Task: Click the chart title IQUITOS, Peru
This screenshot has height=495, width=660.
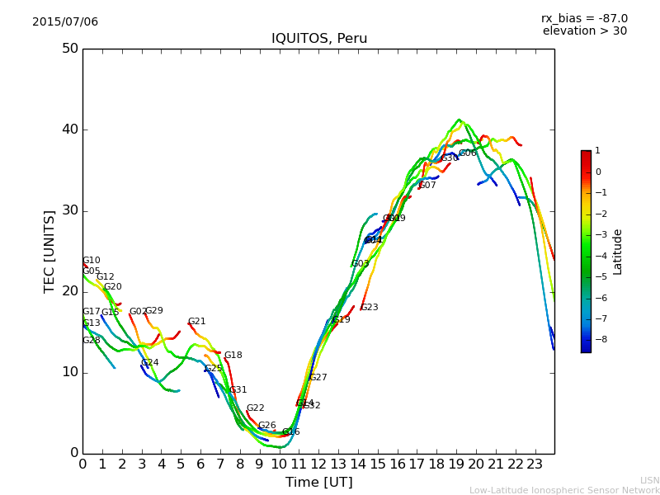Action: click(x=319, y=39)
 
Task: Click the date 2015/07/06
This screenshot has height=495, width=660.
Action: click(x=65, y=22)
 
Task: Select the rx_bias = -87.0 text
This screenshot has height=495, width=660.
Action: click(x=584, y=18)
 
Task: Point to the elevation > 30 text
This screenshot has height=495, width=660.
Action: click(x=584, y=31)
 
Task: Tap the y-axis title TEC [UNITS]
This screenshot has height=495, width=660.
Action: click(x=49, y=251)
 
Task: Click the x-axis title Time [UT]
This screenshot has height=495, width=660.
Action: click(x=318, y=483)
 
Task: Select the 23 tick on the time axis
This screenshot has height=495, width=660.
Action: click(x=535, y=464)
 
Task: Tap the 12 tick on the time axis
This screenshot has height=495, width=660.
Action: click(x=318, y=464)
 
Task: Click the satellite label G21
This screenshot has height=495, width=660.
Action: click(x=196, y=322)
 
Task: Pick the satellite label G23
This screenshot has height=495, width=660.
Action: click(x=369, y=308)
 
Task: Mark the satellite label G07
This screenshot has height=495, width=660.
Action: click(x=427, y=186)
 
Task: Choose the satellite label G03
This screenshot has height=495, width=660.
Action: click(x=360, y=264)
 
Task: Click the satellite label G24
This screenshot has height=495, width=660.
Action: click(x=149, y=363)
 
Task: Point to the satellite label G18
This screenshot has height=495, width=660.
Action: click(x=233, y=356)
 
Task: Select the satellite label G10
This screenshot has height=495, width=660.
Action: click(x=91, y=261)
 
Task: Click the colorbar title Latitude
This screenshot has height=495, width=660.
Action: click(x=618, y=252)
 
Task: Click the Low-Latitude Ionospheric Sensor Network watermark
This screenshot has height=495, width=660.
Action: click(x=564, y=491)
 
